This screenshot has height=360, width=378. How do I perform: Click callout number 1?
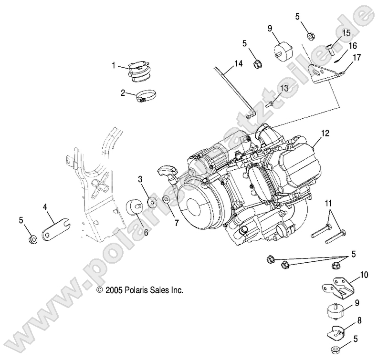(114, 65)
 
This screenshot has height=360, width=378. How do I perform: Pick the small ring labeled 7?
(166, 199)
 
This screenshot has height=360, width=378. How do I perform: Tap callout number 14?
(238, 63)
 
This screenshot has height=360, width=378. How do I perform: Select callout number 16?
(352, 46)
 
